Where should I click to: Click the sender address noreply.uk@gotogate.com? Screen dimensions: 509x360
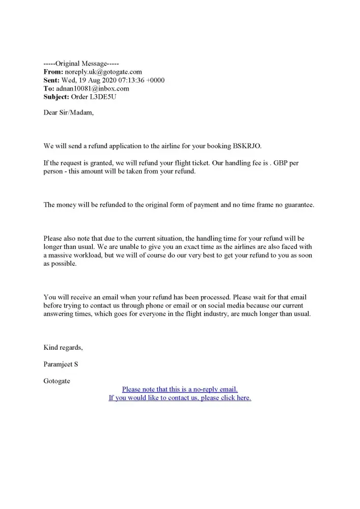coord(103,72)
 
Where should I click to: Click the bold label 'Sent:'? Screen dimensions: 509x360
coord(51,80)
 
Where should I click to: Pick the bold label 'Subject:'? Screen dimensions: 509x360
coord(56,97)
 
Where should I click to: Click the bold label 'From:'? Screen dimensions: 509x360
coord(53,72)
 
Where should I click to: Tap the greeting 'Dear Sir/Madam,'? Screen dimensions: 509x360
coord(69,112)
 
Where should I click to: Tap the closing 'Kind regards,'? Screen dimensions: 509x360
coord(63,348)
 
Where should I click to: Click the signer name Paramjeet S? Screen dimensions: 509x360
coord(61,364)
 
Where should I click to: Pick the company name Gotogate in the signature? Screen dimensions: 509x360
coord(57,381)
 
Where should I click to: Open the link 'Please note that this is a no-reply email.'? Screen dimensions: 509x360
coord(180,389)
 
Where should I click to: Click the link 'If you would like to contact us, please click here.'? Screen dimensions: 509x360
coord(180,398)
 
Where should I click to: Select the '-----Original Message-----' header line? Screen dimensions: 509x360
coord(81,64)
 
